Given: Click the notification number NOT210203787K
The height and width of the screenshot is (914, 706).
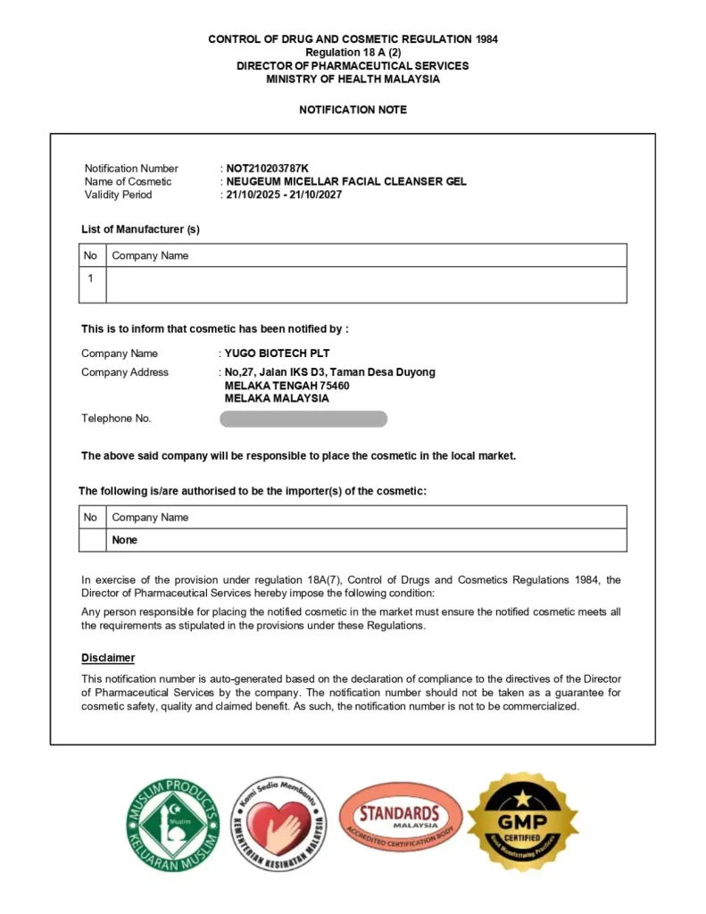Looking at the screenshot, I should tap(267, 169).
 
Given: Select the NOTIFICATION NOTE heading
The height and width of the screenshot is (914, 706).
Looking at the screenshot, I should tap(353, 110).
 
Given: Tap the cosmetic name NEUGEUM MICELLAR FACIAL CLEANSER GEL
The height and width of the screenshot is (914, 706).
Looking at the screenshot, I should tap(345, 181).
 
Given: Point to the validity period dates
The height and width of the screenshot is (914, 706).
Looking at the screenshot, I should tap(284, 195).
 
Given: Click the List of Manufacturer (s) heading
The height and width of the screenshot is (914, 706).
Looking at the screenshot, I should tap(140, 229).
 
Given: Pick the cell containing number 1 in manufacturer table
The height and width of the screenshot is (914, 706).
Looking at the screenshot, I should tap(90, 278).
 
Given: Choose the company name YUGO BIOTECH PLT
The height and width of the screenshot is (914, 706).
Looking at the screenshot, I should tap(277, 353).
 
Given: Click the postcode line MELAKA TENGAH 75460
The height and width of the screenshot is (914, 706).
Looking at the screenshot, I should tap(287, 386).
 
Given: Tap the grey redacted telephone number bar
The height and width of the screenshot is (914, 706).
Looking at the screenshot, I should tap(303, 419).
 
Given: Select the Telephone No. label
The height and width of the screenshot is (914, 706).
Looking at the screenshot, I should tap(116, 419).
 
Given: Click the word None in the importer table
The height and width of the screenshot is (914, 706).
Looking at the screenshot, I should tap(125, 540).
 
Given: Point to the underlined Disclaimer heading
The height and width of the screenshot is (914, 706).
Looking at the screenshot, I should tap(108, 658).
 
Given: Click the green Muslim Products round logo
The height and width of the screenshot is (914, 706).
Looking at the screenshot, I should tap(172, 826).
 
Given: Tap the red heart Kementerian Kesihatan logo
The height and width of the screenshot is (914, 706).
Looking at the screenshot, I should tap(279, 826).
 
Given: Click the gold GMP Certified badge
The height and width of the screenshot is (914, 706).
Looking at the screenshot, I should tap(523, 822).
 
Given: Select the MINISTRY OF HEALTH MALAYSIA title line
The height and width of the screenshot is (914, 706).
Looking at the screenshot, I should tap(353, 79).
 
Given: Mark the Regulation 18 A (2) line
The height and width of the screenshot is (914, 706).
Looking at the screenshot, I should tap(353, 53).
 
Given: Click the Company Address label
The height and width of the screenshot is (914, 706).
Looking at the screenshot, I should tap(124, 372).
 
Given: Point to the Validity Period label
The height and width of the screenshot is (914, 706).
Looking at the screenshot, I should tap(118, 195).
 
